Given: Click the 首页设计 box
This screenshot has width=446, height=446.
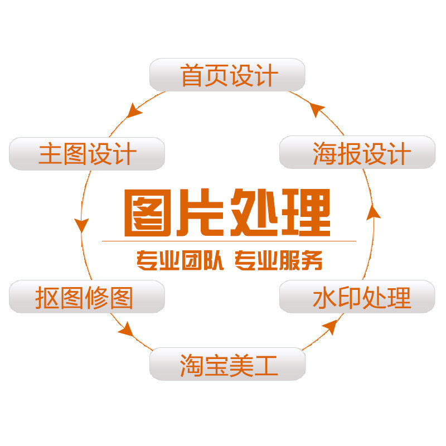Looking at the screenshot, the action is (227, 75).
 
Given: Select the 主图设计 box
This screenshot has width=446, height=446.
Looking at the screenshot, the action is (87, 153).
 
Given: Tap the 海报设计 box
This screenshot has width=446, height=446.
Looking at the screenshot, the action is (357, 152).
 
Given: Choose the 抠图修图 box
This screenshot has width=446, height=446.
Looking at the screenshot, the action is (87, 297).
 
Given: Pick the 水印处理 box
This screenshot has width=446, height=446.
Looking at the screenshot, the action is (357, 297).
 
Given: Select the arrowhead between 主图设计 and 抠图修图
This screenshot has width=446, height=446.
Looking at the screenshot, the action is (82, 224).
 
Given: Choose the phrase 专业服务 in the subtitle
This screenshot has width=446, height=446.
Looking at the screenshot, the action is (278, 261).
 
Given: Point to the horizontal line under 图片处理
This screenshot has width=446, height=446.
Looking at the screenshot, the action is (229, 241).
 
